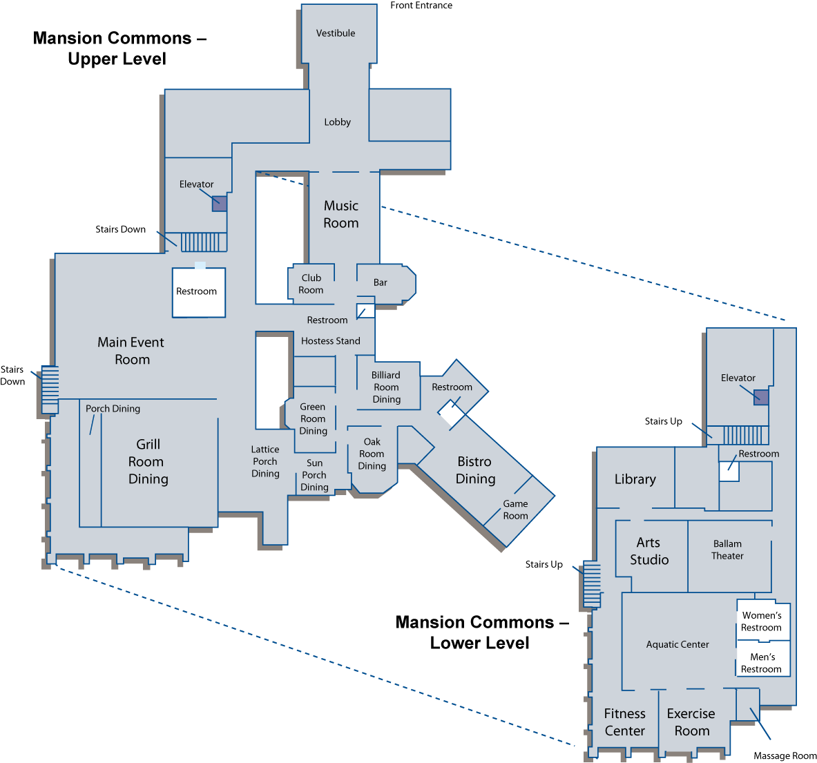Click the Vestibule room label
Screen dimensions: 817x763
point(336,33)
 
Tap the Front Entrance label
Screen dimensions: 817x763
point(421,6)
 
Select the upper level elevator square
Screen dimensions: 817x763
point(220,203)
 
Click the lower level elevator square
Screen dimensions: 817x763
point(761,398)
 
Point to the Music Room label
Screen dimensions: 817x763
point(341,214)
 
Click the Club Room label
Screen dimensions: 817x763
point(311,284)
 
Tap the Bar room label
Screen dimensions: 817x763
point(381,282)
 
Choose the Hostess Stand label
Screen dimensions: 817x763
point(330,341)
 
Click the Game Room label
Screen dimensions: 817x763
point(515,510)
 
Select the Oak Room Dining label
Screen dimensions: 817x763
point(372,454)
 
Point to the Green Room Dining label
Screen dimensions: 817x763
point(313,418)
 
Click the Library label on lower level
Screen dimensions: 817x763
point(635,479)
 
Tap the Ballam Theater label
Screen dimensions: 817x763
point(727,550)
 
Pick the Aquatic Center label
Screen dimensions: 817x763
point(677,645)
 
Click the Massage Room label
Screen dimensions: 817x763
point(785,755)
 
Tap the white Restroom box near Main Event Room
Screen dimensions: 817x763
point(199,292)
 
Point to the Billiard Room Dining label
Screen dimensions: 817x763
point(386,387)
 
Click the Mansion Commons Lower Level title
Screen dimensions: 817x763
point(481,632)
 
